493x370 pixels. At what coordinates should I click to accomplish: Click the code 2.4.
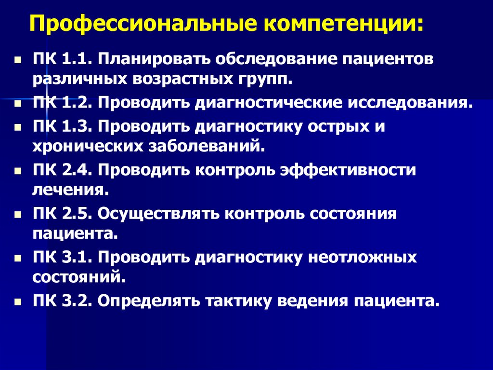(77, 171)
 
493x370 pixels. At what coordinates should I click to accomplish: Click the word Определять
(149, 301)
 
